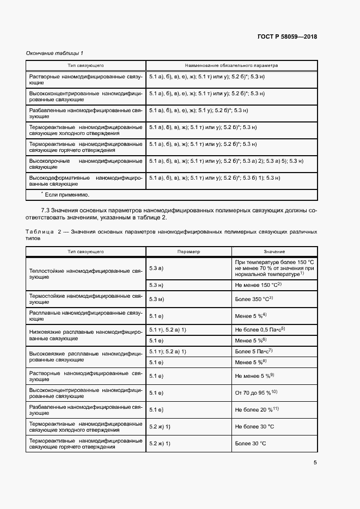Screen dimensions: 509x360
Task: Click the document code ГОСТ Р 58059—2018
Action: [x=286, y=37]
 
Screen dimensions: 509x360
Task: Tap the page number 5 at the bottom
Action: [x=315, y=463]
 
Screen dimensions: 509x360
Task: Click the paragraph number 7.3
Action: [x=47, y=210]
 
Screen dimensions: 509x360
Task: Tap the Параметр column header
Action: [x=188, y=252]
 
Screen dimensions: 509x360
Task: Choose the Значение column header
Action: [x=274, y=252]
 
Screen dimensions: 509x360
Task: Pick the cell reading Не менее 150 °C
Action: [x=258, y=285]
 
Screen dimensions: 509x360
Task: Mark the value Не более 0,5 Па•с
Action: [x=260, y=330]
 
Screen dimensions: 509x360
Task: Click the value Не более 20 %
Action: [x=257, y=409]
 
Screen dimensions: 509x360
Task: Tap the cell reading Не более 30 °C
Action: [x=254, y=427]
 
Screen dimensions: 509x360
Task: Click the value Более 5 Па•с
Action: [x=253, y=351]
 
